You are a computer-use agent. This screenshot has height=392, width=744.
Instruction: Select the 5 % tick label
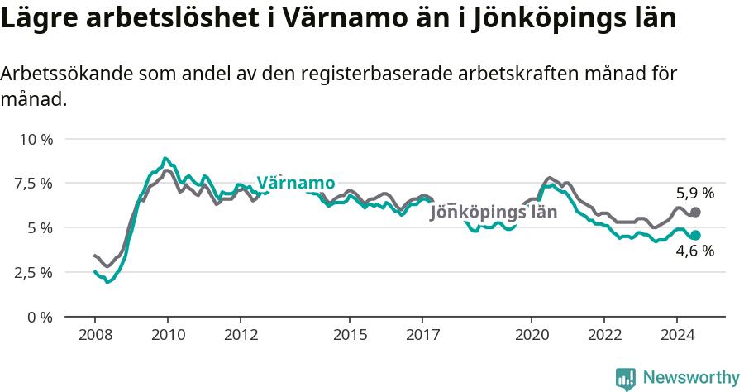[41, 227]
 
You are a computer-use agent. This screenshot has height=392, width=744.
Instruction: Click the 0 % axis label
[41, 317]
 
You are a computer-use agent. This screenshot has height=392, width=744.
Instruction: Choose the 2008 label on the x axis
[94, 335]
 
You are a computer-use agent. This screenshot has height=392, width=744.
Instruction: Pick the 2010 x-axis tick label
[167, 335]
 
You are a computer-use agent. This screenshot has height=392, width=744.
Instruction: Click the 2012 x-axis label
[240, 335]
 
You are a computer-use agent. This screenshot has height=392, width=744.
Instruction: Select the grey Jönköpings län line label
[494, 212]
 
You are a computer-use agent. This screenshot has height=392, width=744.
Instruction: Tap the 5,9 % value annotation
[694, 194]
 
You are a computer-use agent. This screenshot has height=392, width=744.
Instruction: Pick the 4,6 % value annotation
[694, 251]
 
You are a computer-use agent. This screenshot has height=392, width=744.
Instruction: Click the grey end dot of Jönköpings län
[695, 213]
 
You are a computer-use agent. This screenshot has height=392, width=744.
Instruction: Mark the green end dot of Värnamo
[695, 235]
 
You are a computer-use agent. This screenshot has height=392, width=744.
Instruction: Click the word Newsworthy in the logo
[690, 378]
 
